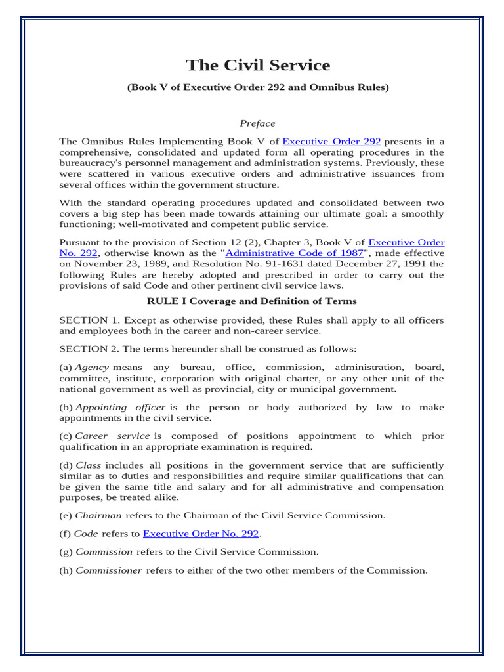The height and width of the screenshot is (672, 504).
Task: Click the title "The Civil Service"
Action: [258, 65]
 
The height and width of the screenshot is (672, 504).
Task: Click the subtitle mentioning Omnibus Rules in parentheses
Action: [258, 87]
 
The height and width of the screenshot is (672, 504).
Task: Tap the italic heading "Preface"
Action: [257, 123]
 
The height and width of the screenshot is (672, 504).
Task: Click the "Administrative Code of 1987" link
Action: [294, 253]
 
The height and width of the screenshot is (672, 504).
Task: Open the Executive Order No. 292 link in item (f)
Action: [201, 534]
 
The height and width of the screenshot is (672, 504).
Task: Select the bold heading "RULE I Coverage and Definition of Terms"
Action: [252, 301]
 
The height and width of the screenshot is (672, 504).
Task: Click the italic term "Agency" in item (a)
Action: [91, 367]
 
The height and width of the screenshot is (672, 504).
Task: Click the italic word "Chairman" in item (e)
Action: [98, 516]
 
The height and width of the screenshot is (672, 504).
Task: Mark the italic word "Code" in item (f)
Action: [87, 534]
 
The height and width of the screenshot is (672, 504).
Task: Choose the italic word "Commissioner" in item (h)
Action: [109, 570]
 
